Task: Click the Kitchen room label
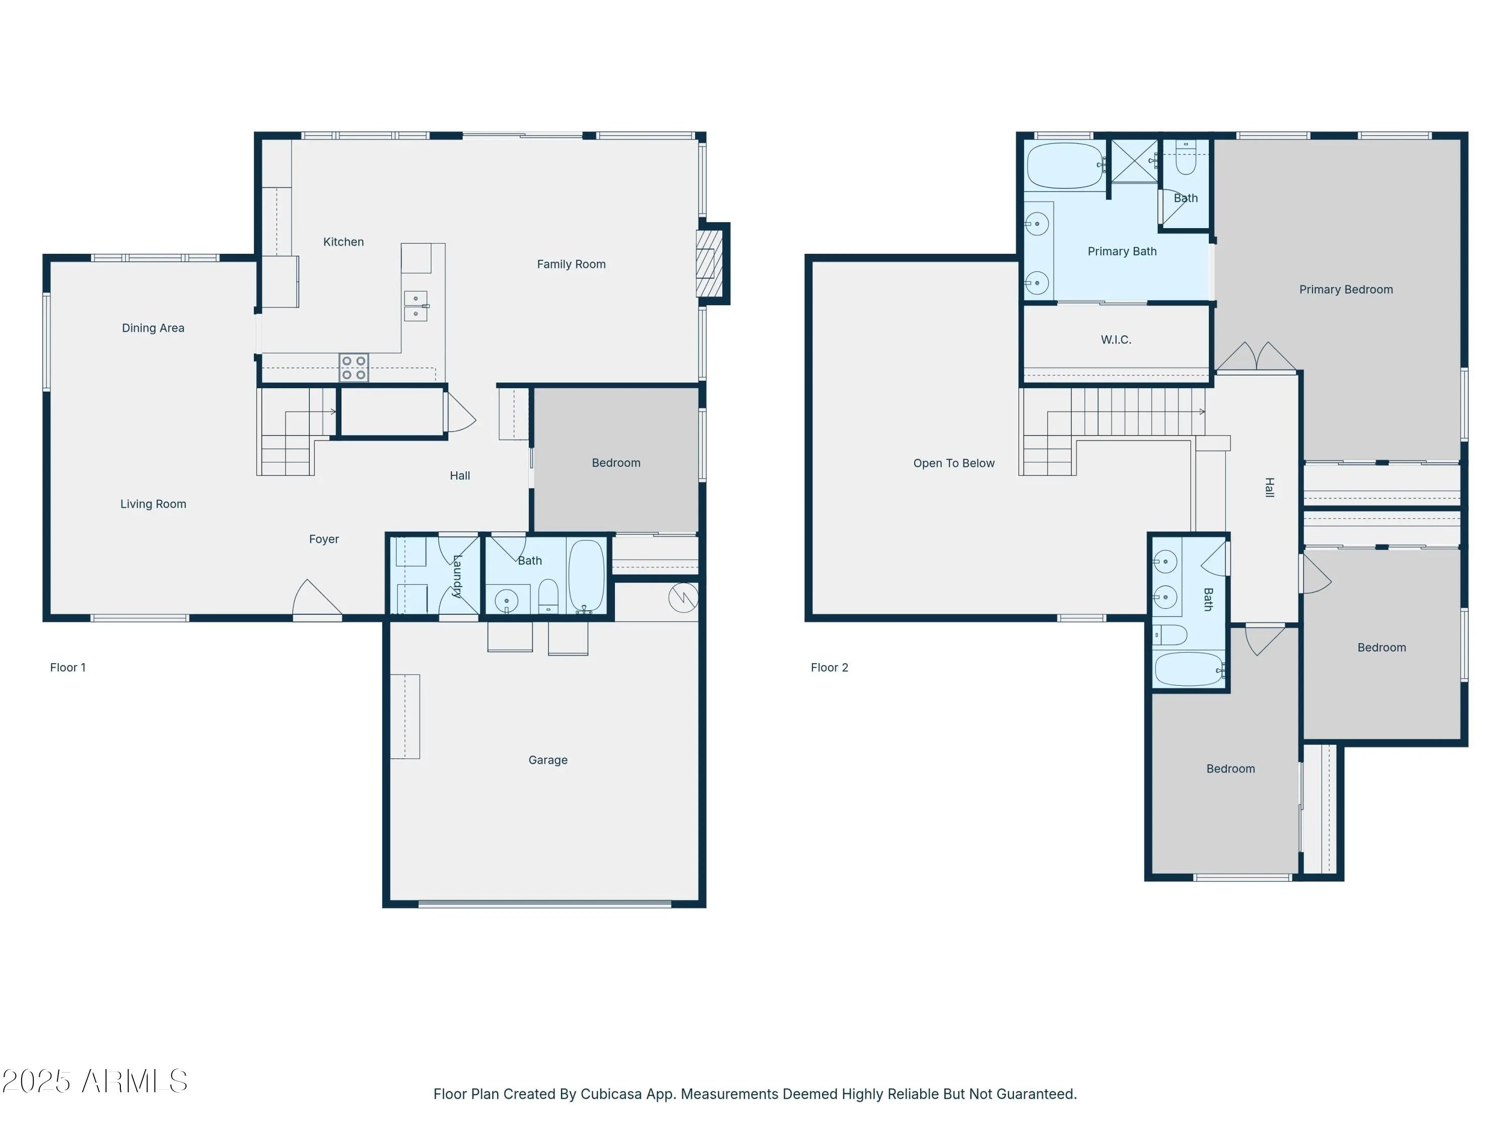pyautogui.click(x=343, y=242)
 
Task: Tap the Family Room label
pyautogui.click(x=571, y=264)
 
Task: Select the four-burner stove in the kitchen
pyautogui.click(x=354, y=368)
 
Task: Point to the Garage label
pyautogui.click(x=548, y=760)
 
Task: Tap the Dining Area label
pyautogui.click(x=153, y=328)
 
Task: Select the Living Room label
pyautogui.click(x=153, y=504)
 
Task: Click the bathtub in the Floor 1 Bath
pyautogui.click(x=586, y=576)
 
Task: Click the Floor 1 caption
pyautogui.click(x=67, y=667)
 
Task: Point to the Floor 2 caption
pyautogui.click(x=829, y=667)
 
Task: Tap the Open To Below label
pyautogui.click(x=953, y=463)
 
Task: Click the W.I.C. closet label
pyautogui.click(x=1116, y=339)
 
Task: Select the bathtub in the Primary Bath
pyautogui.click(x=1064, y=165)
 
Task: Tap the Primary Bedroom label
pyautogui.click(x=1346, y=290)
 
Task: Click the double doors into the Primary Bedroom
pyautogui.click(x=1256, y=357)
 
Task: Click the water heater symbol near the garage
pyautogui.click(x=683, y=598)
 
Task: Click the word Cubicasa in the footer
pyautogui.click(x=610, y=1094)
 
